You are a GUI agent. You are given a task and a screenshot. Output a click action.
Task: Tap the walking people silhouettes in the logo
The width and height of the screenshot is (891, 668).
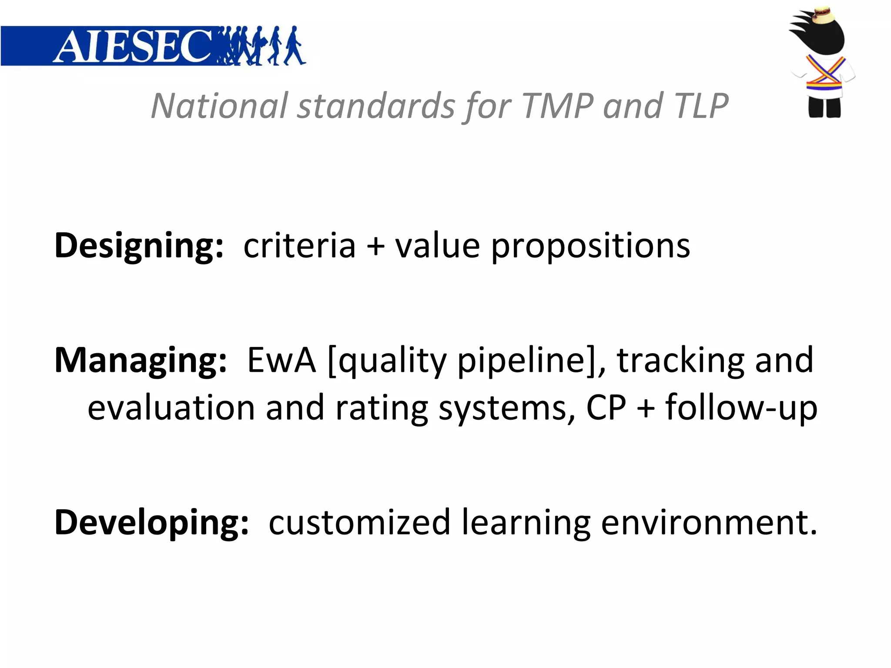click(261, 46)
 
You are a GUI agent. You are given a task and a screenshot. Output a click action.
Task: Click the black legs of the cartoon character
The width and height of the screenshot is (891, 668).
click(824, 107)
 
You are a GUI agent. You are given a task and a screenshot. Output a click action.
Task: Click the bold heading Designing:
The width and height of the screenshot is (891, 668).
click(139, 246)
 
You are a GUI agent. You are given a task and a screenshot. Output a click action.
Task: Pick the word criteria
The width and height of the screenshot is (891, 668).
click(299, 246)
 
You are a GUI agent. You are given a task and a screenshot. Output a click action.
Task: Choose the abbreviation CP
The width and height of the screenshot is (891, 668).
click(606, 408)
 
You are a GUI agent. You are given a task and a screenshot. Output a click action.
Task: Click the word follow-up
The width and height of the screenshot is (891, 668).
click(741, 408)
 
